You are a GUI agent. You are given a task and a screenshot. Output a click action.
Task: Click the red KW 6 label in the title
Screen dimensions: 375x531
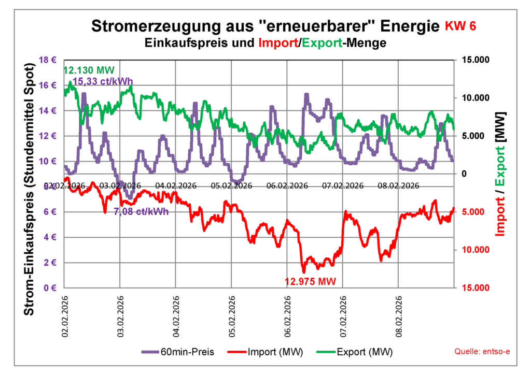[x=460, y=26]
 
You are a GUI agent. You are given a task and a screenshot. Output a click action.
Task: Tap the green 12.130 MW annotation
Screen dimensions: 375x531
[x=89, y=70]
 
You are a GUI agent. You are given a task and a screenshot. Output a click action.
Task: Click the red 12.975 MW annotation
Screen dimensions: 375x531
[x=311, y=282]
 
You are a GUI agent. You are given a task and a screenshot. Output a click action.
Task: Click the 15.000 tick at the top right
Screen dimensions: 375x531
[x=475, y=60]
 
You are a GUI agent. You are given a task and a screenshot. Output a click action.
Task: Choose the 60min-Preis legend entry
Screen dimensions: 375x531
[x=179, y=352]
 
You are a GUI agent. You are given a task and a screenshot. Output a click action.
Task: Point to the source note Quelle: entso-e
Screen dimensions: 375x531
[x=482, y=352]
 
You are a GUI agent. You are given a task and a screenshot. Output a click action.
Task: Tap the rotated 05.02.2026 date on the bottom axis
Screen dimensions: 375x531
[x=232, y=317]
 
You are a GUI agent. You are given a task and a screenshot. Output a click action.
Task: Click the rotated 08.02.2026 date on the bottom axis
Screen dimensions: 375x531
[x=399, y=317]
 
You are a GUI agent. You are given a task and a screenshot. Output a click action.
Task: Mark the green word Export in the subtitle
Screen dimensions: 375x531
[x=320, y=43]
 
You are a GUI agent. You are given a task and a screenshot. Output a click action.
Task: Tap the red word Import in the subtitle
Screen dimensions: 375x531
[x=277, y=43]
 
